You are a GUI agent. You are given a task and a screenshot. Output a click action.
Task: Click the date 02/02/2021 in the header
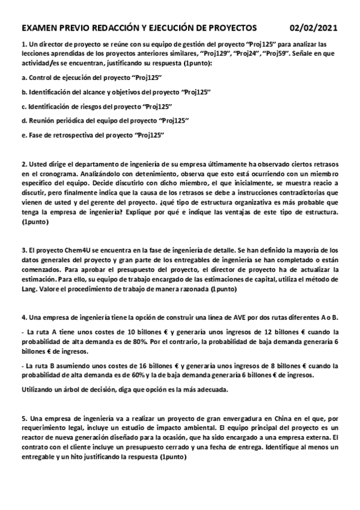point(313,28)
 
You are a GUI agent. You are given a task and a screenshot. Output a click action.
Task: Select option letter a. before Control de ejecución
point(23,78)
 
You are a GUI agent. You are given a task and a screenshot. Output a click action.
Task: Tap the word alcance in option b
point(103,92)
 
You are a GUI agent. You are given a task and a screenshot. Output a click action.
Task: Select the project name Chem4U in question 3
point(67,248)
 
